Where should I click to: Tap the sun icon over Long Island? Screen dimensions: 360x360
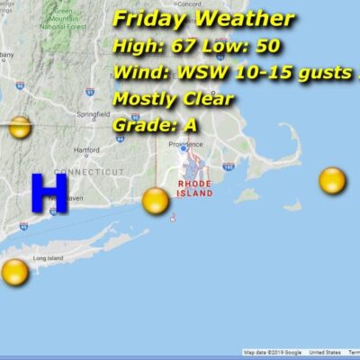pyautogui.click(x=14, y=271)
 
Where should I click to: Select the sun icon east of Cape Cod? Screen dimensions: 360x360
pyautogui.click(x=332, y=181)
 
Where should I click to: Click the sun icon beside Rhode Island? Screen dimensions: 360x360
pyautogui.click(x=156, y=200)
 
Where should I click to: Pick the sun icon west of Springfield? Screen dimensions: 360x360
pyautogui.click(x=19, y=128)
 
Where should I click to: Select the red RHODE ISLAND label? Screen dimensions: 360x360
pyautogui.click(x=194, y=188)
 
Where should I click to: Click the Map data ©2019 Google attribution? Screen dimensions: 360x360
pyautogui.click(x=272, y=352)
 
